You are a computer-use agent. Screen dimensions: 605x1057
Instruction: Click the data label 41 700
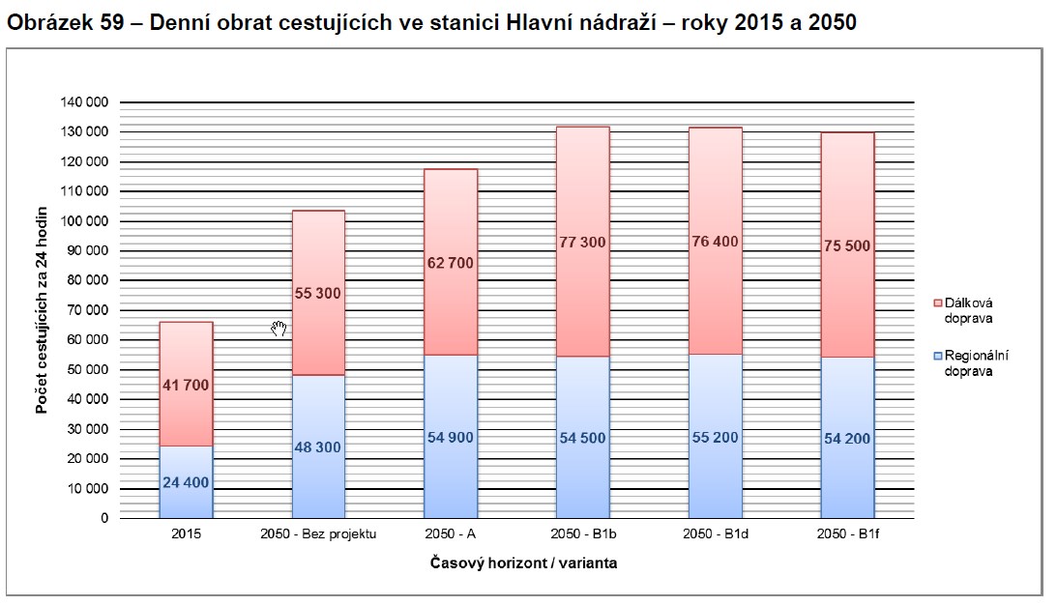tap(186, 385)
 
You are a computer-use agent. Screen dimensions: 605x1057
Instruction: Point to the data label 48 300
tap(318, 447)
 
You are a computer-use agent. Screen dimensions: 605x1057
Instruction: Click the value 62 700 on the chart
tap(450, 263)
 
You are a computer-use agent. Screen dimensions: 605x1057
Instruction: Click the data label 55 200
tap(715, 438)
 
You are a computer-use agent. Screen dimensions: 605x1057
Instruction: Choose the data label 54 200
tap(847, 439)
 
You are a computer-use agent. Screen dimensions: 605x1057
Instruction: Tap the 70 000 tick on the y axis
tap(87, 310)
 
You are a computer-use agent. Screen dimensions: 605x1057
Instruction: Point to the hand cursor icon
tap(279, 330)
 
